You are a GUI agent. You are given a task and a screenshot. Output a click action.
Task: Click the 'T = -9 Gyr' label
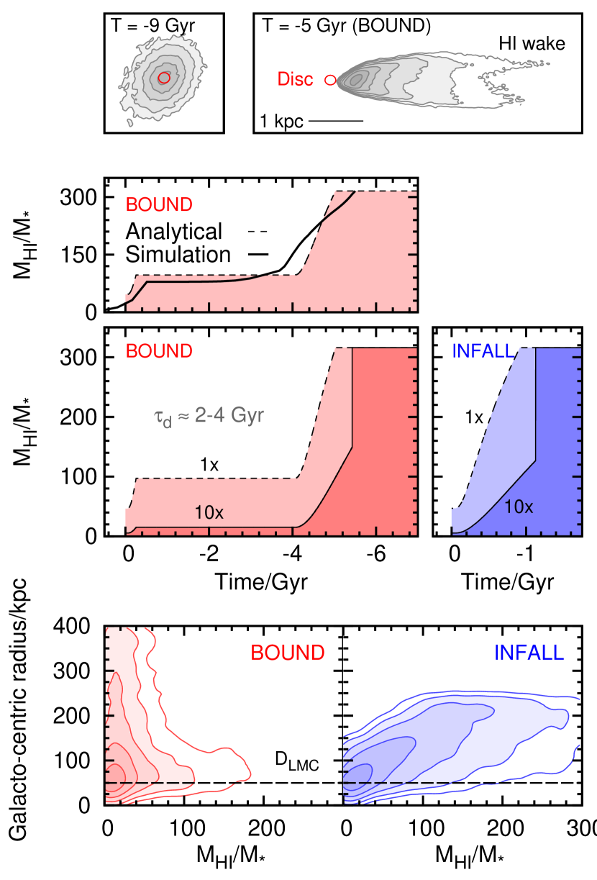coord(152,27)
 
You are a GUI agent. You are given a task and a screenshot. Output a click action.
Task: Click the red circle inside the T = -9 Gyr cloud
coord(164,78)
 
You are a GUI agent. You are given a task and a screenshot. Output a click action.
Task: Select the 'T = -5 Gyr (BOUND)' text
coord(346,27)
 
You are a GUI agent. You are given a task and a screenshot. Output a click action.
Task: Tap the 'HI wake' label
coord(532,44)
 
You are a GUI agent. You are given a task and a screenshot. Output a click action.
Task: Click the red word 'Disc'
coord(296,80)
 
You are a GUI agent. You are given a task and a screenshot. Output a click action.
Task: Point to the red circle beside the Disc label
coord(330,80)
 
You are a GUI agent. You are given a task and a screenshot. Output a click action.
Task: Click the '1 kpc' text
coord(281,121)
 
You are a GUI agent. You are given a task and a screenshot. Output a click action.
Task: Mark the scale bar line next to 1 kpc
coord(336,121)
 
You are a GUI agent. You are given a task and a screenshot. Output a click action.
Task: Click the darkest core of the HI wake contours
coord(357,81)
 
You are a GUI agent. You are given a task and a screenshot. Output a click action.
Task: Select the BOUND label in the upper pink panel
coord(159,205)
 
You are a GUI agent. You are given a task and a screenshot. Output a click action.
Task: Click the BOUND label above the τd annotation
coord(159,351)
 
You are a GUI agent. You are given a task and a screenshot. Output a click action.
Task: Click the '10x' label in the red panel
coord(209,512)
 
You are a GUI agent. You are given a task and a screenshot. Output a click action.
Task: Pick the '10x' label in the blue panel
coord(518,506)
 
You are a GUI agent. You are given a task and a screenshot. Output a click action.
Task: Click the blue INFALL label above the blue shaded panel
coord(483,351)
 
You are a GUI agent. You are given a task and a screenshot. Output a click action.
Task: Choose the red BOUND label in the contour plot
coord(287,653)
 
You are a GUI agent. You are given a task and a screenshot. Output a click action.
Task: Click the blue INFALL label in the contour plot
coord(529,653)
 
